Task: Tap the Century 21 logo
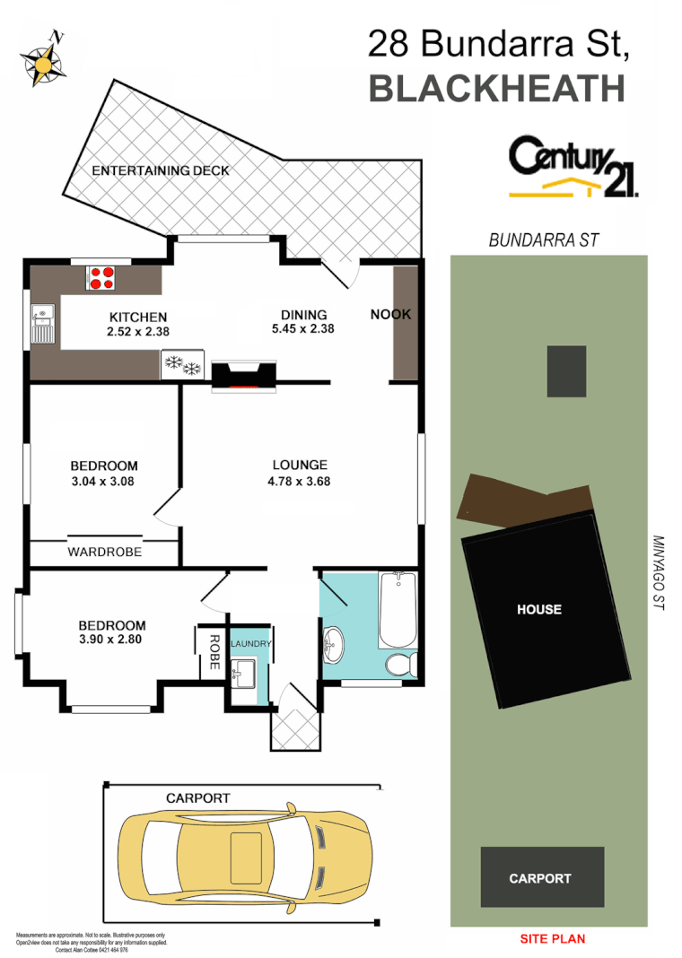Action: (574, 167)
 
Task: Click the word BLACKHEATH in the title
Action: (497, 90)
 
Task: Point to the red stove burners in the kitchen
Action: (101, 277)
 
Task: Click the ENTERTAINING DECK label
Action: (161, 170)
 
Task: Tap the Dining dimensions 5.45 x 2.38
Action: (303, 329)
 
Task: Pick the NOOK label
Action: (390, 315)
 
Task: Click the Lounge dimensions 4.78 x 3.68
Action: (300, 480)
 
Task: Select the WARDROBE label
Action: (104, 553)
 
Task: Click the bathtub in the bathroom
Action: (397, 610)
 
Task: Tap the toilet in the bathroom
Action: (398, 665)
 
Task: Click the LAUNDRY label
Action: (250, 644)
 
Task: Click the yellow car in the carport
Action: (244, 855)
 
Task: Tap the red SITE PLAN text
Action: (553, 939)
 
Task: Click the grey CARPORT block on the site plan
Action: (541, 878)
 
